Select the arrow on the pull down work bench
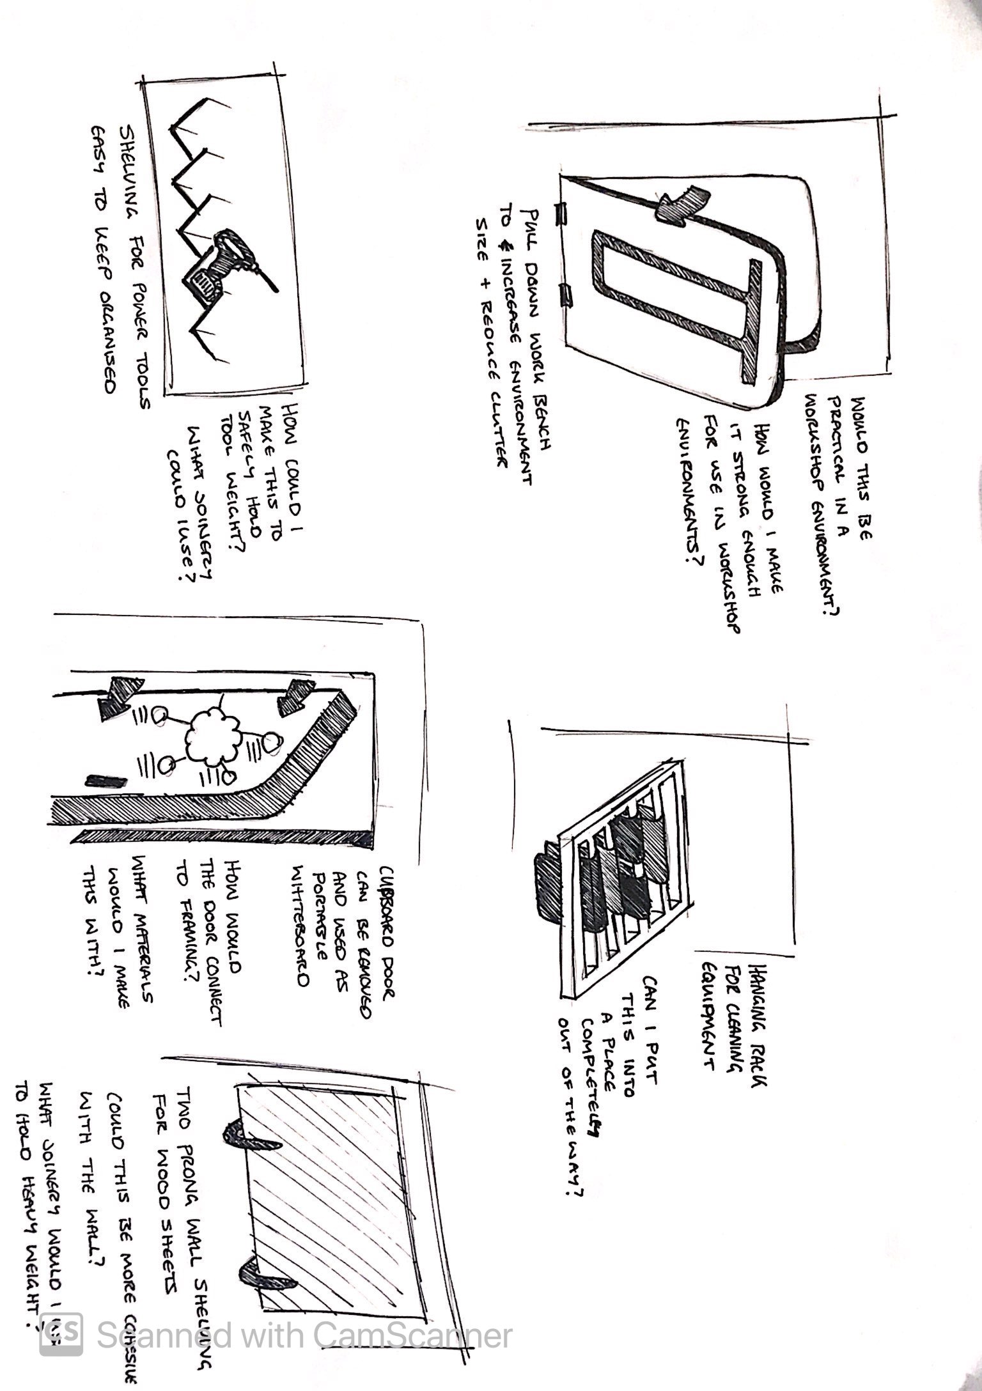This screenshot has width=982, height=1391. pos(680,203)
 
